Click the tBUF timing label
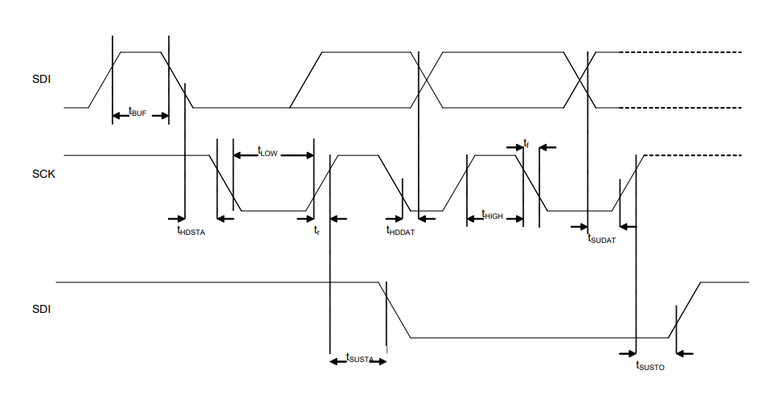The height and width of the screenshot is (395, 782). pyautogui.click(x=137, y=113)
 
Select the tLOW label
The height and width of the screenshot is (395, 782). pyautogui.click(x=267, y=151)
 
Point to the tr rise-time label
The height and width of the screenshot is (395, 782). pyautogui.click(x=317, y=231)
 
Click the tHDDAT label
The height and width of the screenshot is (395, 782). pyautogui.click(x=400, y=231)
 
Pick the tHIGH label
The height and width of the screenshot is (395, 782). pyautogui.click(x=492, y=216)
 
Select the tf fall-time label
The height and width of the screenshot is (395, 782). pyautogui.click(x=526, y=143)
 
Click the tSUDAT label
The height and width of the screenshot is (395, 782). pyautogui.click(x=601, y=238)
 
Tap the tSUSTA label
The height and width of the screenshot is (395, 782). pyautogui.click(x=358, y=358)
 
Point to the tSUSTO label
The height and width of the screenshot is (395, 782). pyautogui.click(x=650, y=366)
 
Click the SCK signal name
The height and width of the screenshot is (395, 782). pyautogui.click(x=43, y=173)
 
